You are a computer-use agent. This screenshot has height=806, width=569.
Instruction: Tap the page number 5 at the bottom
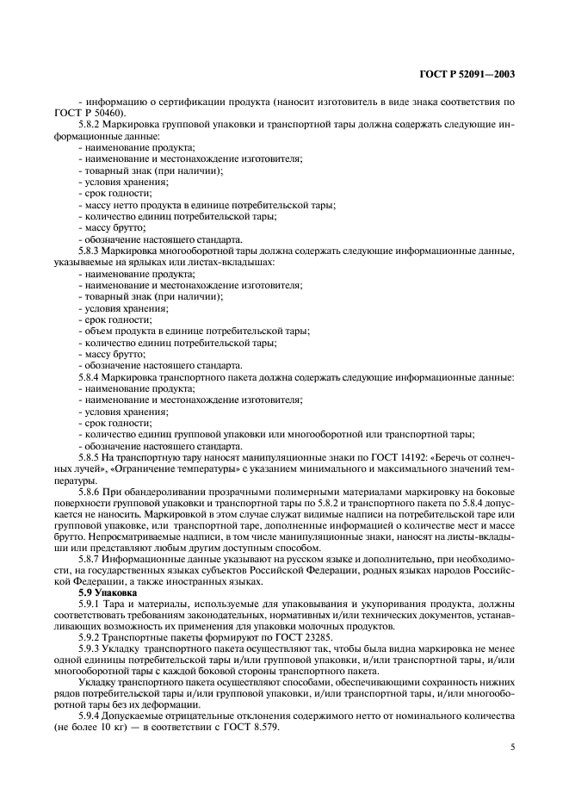pos(512,747)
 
